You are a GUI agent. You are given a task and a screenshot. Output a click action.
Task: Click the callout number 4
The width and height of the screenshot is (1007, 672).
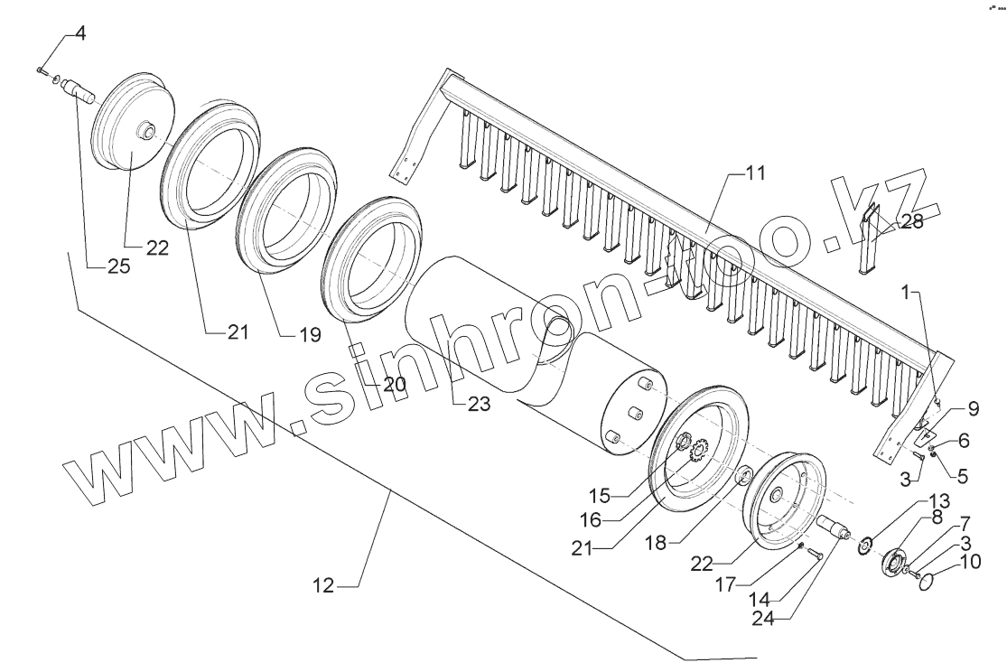[80, 35]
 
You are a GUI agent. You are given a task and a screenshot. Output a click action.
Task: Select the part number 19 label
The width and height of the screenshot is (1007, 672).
[310, 335]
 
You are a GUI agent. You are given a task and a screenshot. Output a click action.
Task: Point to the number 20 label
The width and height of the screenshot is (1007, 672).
[393, 384]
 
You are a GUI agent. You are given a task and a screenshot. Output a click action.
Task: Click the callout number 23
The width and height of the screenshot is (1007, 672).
[478, 405]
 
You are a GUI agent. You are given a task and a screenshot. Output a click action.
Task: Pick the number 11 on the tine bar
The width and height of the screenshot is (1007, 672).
[755, 172]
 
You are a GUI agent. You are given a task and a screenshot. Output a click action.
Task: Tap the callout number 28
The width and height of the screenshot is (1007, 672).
[911, 222]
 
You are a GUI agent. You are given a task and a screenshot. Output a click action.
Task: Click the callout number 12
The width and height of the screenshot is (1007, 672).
[324, 587]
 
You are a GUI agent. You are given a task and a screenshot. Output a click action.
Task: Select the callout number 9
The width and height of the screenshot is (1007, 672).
[972, 408]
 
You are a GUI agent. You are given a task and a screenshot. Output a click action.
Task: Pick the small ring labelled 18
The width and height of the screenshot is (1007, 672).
[745, 475]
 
